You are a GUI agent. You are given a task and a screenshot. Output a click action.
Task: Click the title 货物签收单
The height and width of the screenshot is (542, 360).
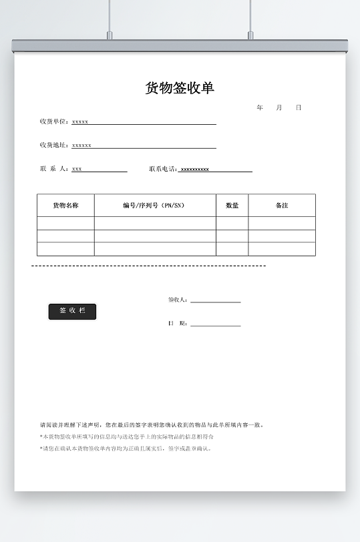(x=180, y=88)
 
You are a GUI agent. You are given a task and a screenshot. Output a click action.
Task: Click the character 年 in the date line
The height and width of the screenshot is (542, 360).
(x=260, y=107)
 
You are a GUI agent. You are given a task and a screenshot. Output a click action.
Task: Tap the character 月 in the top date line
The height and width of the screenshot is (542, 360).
(x=279, y=107)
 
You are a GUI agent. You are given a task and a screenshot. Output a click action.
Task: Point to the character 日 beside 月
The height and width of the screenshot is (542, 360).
(x=299, y=107)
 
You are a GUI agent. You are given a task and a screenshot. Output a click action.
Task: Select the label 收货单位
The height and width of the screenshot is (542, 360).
(x=54, y=121)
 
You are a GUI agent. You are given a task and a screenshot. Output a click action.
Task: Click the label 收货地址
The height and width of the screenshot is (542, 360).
(x=54, y=145)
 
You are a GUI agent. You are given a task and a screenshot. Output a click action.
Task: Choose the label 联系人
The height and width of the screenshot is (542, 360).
(x=54, y=169)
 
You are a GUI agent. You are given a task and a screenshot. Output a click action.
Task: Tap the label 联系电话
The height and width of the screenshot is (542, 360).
(x=162, y=169)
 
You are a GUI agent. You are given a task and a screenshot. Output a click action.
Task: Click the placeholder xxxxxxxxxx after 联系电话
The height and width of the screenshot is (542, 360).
(x=195, y=170)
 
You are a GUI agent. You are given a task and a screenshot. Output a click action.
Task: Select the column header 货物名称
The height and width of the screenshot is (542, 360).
(x=65, y=206)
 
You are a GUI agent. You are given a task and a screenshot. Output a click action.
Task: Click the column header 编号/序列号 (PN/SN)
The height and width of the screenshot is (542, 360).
(x=154, y=206)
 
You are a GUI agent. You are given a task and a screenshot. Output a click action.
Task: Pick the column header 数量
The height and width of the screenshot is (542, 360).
(x=232, y=206)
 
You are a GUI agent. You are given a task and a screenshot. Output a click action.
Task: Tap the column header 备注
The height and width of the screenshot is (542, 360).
(x=282, y=206)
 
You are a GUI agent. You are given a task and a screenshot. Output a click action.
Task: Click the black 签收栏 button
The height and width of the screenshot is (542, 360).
(x=72, y=311)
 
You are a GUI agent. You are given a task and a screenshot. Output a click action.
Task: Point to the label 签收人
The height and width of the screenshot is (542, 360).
(x=178, y=300)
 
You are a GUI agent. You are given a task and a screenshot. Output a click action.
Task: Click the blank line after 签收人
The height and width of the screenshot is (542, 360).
(x=215, y=301)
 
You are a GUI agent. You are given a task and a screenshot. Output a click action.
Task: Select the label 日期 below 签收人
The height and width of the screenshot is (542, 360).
(x=178, y=324)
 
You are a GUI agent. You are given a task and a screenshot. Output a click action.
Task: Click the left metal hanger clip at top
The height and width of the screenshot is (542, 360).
(x=110, y=35)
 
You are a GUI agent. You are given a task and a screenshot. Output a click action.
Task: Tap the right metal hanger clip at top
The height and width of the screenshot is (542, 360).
(x=250, y=35)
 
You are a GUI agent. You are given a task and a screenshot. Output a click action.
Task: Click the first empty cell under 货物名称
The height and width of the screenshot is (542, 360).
(x=65, y=223)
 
